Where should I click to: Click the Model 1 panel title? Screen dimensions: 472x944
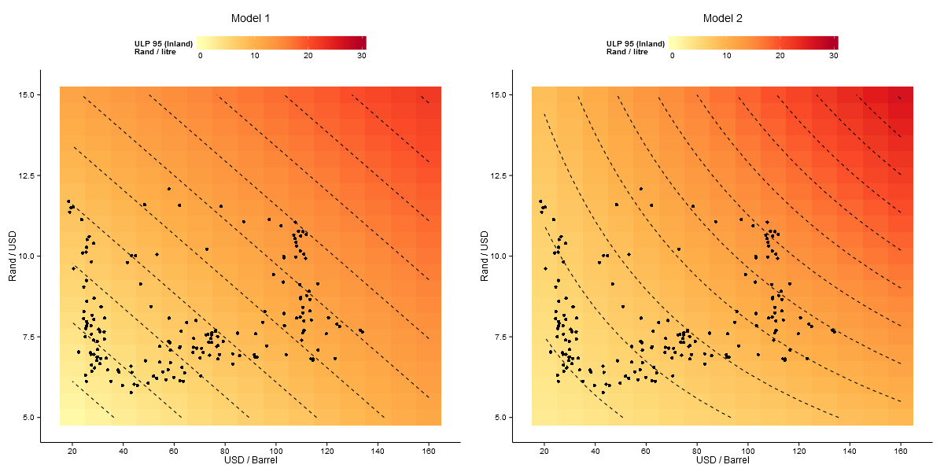(251, 18)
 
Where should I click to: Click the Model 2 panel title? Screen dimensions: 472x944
(722, 18)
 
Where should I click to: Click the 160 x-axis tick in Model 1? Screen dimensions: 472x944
(429, 450)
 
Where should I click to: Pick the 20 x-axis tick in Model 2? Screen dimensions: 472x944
(544, 450)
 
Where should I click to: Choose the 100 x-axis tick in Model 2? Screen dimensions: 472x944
(748, 450)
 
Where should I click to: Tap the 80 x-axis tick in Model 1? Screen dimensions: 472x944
(225, 450)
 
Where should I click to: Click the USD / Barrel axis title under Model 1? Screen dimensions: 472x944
(250, 460)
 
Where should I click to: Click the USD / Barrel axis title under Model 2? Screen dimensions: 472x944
(722, 460)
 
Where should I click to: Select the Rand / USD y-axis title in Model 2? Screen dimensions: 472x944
(485, 256)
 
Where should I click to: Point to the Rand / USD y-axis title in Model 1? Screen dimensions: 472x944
(13, 256)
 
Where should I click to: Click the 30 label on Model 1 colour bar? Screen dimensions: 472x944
(362, 56)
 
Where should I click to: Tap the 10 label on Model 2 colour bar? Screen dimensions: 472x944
(727, 56)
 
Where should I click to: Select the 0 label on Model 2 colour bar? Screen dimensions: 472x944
(672, 56)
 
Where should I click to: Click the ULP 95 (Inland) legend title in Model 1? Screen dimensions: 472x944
(164, 44)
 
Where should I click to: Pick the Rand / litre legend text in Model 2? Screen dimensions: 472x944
(627, 52)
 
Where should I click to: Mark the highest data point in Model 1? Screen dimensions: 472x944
(168, 189)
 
